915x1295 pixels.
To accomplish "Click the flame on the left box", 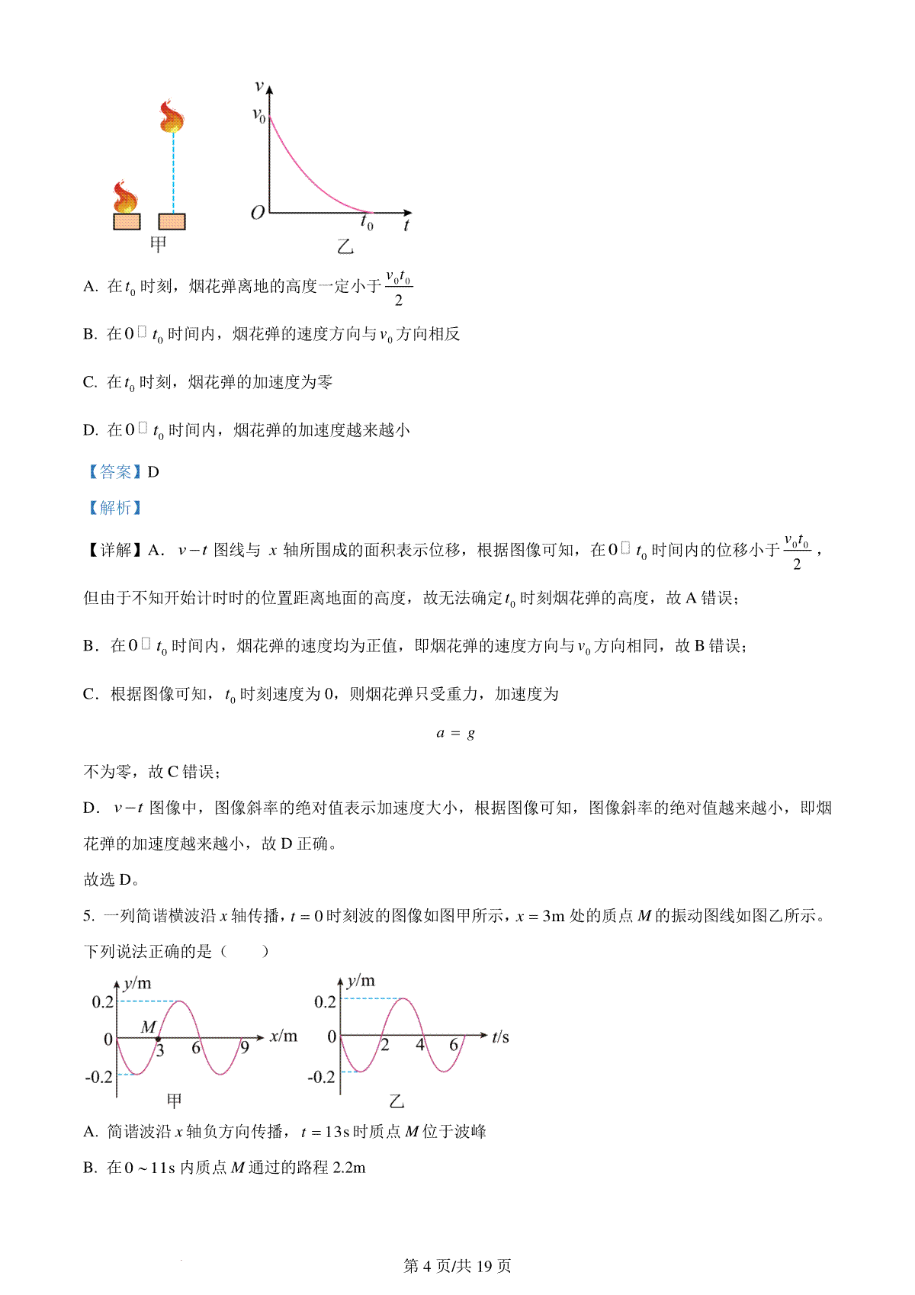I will click(x=125, y=197).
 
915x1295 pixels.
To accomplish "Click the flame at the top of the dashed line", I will click(x=172, y=117).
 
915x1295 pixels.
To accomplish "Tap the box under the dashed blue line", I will click(x=172, y=221).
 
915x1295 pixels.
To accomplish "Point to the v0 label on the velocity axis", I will click(x=259, y=115).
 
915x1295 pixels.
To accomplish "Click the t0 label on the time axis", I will click(x=367, y=223).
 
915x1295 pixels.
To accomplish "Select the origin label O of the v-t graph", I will click(x=258, y=213).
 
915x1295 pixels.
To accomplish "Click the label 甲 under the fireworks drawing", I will click(x=158, y=245).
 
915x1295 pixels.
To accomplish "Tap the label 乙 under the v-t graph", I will click(x=345, y=246).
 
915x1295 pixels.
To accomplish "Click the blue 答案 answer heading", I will click(x=115, y=472).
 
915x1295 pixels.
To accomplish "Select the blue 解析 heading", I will click(x=115, y=508).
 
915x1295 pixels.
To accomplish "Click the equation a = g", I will click(x=456, y=733).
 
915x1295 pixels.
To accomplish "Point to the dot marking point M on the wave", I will click(x=157, y=1039).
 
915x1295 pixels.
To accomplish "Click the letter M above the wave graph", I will click(x=149, y=1027).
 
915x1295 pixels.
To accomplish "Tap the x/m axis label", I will click(x=284, y=1036).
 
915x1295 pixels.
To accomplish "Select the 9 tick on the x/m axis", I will click(x=244, y=1048).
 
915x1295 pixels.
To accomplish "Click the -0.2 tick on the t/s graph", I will click(x=321, y=1077).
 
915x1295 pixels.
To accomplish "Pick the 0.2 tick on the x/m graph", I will click(x=103, y=1002).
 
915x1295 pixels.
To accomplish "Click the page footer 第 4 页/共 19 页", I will click(x=457, y=1266).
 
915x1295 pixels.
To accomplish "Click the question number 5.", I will click(x=88, y=916).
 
